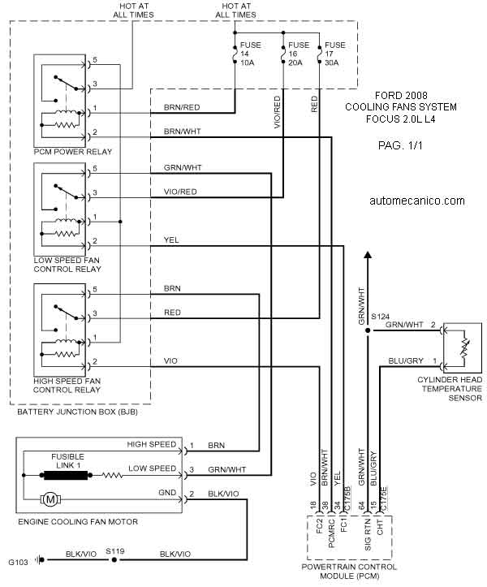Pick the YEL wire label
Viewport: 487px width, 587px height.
171,240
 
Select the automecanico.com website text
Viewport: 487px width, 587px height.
416,201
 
